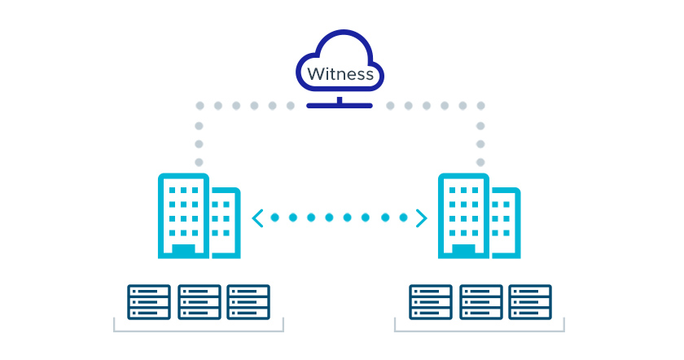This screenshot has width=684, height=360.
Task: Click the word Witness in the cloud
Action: click(x=340, y=74)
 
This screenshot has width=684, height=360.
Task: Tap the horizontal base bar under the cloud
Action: click(x=340, y=105)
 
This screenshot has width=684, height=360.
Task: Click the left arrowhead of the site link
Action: click(x=257, y=217)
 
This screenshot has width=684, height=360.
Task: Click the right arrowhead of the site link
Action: click(x=421, y=217)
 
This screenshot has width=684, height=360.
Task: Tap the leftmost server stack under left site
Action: click(x=149, y=301)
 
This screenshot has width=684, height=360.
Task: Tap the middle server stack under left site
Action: click(x=199, y=301)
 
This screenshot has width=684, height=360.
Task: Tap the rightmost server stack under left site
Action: click(x=248, y=301)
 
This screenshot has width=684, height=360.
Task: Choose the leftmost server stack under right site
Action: click(x=430, y=301)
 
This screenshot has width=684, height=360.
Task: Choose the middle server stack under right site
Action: click(x=480, y=301)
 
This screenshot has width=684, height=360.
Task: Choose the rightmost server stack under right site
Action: click(x=530, y=301)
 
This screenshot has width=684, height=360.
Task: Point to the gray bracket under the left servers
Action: click(x=198, y=330)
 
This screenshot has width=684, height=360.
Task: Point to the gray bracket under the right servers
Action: click(x=480, y=330)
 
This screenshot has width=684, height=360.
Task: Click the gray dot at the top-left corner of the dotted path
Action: click(x=198, y=106)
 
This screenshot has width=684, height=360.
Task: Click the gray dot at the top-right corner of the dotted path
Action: click(x=480, y=106)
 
